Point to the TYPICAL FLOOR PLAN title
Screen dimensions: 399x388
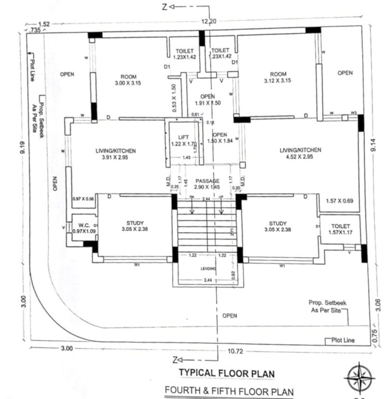click(227, 373)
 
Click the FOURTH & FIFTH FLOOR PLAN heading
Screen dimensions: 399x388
click(229, 391)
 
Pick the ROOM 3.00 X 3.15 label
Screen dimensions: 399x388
click(124, 78)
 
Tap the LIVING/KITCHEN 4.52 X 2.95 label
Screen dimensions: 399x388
click(300, 153)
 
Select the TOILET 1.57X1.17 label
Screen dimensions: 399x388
click(340, 229)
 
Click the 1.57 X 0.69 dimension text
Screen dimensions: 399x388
click(340, 201)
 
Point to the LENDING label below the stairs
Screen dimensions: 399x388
click(209, 269)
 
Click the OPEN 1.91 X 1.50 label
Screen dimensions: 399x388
click(208, 99)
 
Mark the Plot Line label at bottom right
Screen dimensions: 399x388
click(343, 340)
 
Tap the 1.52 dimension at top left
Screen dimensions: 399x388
click(45, 24)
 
